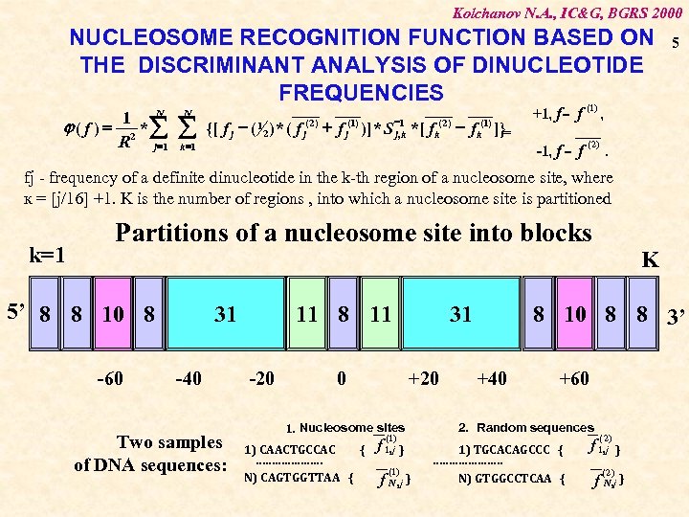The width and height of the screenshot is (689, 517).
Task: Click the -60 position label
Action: pyautogui.click(x=111, y=378)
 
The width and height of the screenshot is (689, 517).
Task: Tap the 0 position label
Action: pyautogui.click(x=342, y=378)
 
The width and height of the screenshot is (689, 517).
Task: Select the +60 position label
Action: pyautogui.click(x=574, y=378)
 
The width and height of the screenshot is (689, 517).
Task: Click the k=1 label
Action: pyautogui.click(x=47, y=257)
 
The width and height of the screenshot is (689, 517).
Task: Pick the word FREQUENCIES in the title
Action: pyautogui.click(x=361, y=92)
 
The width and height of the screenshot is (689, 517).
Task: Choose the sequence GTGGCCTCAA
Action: pyautogui.click(x=512, y=477)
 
